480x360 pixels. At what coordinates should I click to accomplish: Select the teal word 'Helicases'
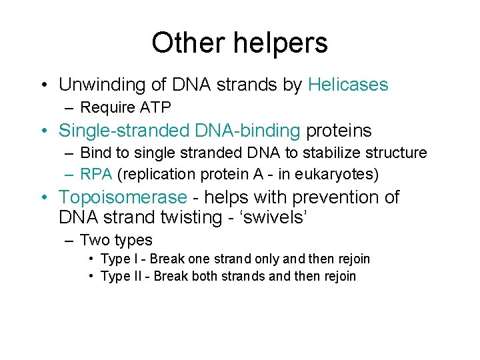coord(348,85)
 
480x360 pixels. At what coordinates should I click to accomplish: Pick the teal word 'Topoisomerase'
coord(123,197)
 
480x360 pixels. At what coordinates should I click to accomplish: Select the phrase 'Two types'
coord(116,240)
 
